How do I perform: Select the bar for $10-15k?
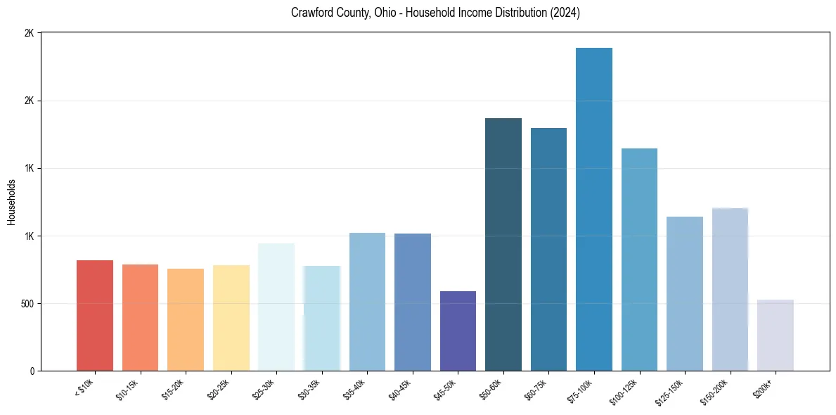pos(140,317)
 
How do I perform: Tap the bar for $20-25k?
pos(231,318)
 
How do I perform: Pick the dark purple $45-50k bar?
pos(458,331)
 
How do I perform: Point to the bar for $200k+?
pos(776,335)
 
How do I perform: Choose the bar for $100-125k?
pos(639,260)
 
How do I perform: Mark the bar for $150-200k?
pos(730,289)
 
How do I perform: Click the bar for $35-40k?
pos(367,302)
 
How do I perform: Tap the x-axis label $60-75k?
pos(536,389)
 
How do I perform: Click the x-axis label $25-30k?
pos(264,389)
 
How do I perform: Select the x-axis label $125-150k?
pos(670,390)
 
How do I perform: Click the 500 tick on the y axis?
pos(28,304)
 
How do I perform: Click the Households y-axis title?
pos(12,202)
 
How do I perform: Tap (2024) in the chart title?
pos(565,13)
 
